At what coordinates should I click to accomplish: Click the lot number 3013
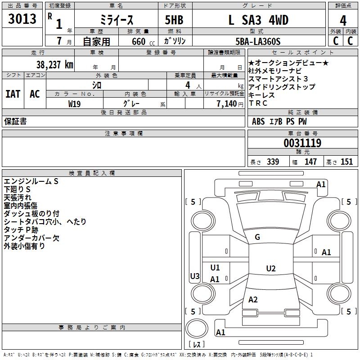(x=22, y=19)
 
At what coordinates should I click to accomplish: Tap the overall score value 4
(x=343, y=20)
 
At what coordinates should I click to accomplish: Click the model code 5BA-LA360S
(x=258, y=41)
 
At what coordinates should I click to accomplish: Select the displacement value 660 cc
(x=139, y=41)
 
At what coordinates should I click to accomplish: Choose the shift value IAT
(x=13, y=94)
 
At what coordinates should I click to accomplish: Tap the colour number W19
(x=75, y=103)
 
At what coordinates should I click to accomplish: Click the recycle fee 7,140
(x=230, y=103)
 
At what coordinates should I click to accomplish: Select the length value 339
(x=273, y=162)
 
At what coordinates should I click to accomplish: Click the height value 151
(x=346, y=162)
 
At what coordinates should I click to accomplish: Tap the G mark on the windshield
(x=257, y=237)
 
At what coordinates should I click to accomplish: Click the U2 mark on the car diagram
(x=270, y=269)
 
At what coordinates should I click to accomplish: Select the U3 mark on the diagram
(x=195, y=276)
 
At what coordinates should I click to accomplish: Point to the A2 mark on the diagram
(x=253, y=300)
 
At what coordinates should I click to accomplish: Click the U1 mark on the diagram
(x=215, y=268)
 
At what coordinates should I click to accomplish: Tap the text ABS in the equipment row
(x=258, y=121)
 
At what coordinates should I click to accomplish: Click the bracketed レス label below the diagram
(x=196, y=345)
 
